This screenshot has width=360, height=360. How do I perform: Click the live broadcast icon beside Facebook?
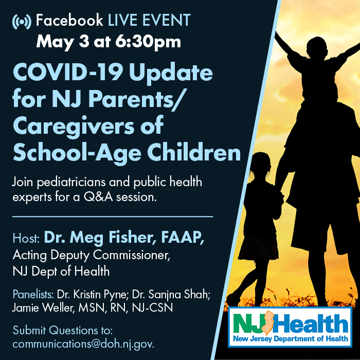[x=22, y=22]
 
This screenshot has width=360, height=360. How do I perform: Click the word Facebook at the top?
[x=69, y=20]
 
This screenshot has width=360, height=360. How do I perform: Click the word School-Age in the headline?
[x=77, y=153]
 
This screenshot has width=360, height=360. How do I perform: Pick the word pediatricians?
[x=71, y=183]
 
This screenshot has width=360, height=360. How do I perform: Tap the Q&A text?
[x=98, y=197]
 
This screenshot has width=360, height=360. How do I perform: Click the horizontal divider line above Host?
[x=113, y=217]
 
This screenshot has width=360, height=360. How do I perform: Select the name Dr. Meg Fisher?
[x=99, y=238]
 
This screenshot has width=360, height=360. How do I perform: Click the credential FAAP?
[x=183, y=237]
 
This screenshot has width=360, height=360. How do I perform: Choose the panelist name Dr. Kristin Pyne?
[x=92, y=295]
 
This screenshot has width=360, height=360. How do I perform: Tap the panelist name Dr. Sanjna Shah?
[x=171, y=295]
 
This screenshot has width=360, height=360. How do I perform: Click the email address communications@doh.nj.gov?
[x=83, y=344]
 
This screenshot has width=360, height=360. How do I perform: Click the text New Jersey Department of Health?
[x=291, y=338]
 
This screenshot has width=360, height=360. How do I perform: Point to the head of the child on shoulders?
[x=318, y=48]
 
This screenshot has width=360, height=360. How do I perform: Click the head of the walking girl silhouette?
[x=262, y=163]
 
